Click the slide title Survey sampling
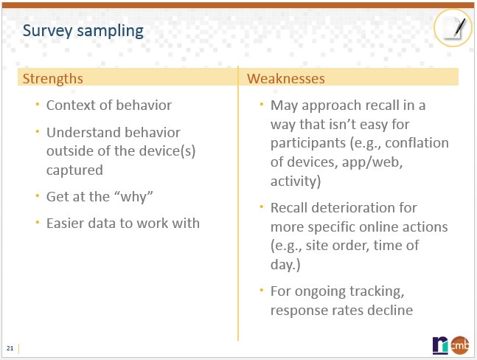pyautogui.click(x=82, y=30)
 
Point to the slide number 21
pyautogui.click(x=10, y=347)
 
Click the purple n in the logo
pyautogui.click(x=440, y=344)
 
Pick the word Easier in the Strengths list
pyautogui.click(x=67, y=223)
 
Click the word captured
pyautogui.click(x=74, y=170)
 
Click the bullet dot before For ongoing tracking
pyautogui.click(x=261, y=291)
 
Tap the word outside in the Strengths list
pyautogui.click(x=72, y=151)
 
